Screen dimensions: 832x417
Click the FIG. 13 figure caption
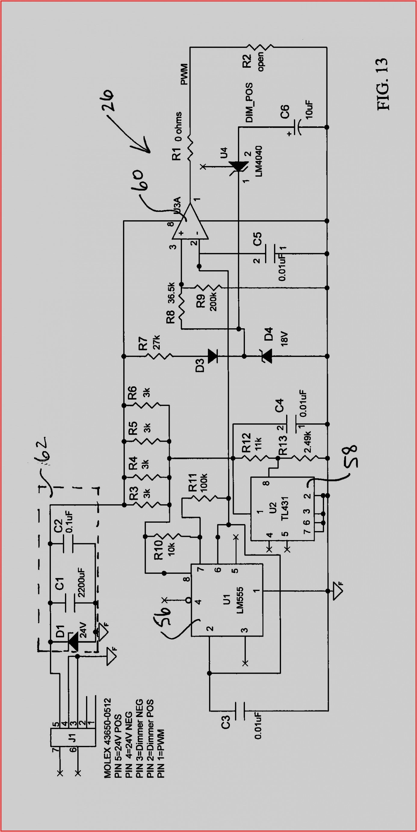pos(382,84)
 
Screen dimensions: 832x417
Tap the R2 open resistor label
pos(252,61)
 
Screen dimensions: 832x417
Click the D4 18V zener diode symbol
pos(267,356)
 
